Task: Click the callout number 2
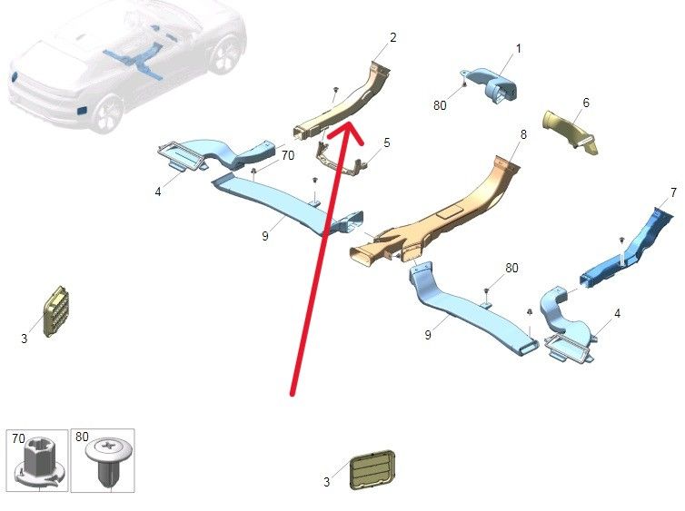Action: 392,37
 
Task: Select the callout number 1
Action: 519,48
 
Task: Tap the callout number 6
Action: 586,103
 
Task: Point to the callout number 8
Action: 523,134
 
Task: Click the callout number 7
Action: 673,192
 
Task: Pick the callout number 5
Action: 387,142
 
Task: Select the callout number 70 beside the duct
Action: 287,155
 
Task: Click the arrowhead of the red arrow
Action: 346,131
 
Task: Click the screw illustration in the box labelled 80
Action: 107,460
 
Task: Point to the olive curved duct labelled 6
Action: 571,131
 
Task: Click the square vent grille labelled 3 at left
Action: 55,311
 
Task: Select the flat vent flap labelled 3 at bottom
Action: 372,469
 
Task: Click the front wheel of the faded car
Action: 107,113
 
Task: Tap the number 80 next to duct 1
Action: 440,105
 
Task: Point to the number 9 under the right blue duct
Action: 428,335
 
